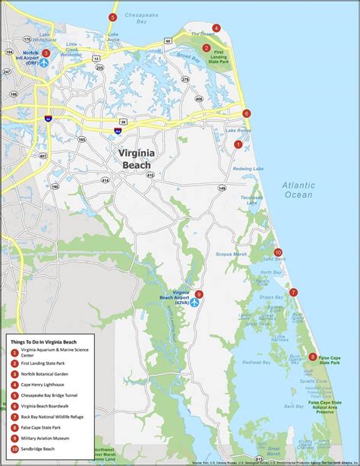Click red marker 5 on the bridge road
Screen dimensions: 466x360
113,17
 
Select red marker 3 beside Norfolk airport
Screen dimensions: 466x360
46,53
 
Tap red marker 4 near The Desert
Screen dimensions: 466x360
216,28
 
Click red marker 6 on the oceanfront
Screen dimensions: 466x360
246,113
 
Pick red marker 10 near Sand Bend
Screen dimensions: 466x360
278,252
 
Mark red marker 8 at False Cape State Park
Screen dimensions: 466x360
313,357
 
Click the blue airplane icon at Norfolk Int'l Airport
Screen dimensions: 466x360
43,63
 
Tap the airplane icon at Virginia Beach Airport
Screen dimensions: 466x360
194,303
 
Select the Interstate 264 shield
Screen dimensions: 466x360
118,132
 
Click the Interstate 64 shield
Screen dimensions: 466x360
47,119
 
